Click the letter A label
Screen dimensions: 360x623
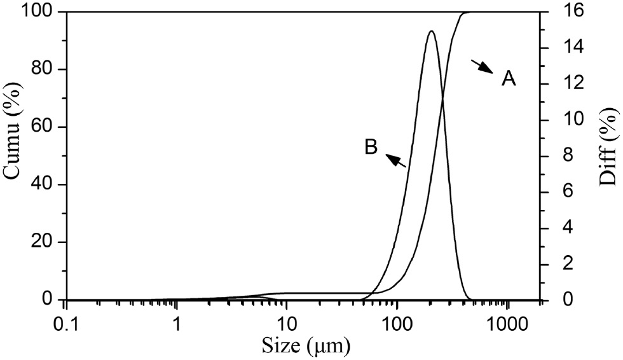point(509,79)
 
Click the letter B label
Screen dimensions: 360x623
point(371,148)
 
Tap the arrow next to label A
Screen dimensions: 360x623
point(483,66)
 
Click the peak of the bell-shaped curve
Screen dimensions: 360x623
point(432,31)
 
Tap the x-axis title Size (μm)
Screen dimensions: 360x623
point(306,346)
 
